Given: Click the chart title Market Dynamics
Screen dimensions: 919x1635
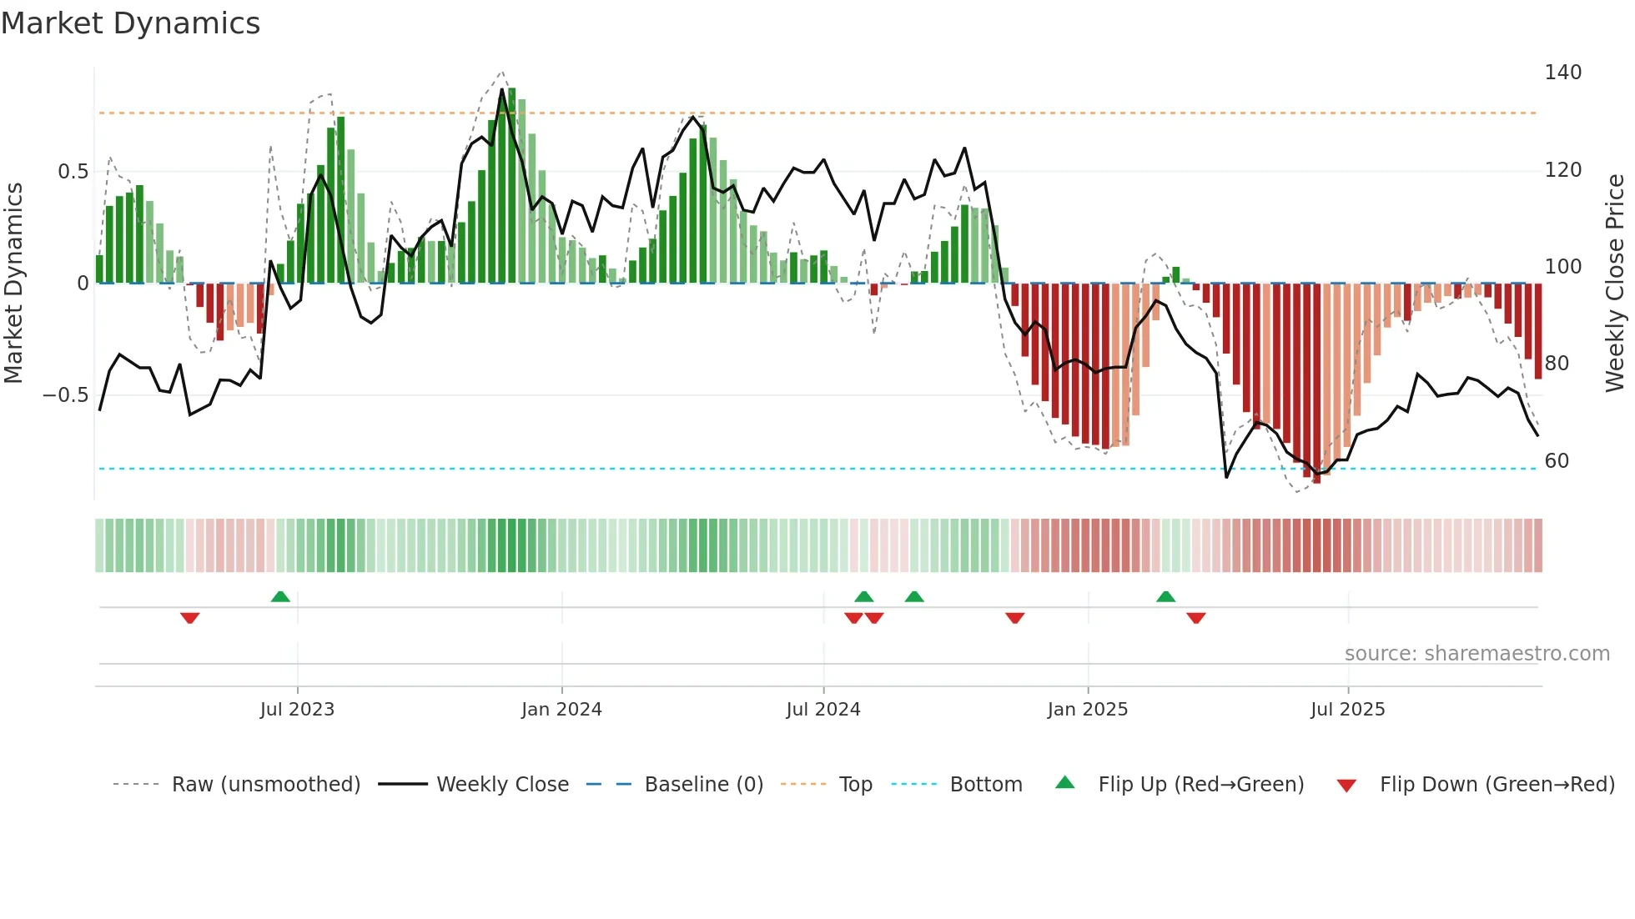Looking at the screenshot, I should pyautogui.click(x=130, y=23).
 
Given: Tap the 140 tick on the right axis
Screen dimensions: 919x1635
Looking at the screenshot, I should pyautogui.click(x=1562, y=73).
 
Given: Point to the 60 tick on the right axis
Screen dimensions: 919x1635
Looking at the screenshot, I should pyautogui.click(x=1556, y=461).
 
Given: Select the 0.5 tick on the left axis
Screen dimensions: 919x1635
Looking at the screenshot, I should pyautogui.click(x=73, y=172).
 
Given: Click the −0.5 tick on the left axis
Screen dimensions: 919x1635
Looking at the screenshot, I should pyautogui.click(x=66, y=395).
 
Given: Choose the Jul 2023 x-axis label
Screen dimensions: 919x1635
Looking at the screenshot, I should pyautogui.click(x=297, y=710).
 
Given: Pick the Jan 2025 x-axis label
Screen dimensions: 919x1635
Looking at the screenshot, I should pyautogui.click(x=1087, y=710).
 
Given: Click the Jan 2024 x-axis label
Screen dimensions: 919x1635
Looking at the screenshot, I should pyautogui.click(x=561, y=710).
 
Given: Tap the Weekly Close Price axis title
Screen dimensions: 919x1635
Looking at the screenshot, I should pyautogui.click(x=1615, y=284).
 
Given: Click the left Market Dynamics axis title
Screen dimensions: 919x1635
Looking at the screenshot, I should pyautogui.click(x=13, y=284).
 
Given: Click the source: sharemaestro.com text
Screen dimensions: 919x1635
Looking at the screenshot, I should pyautogui.click(x=1477, y=654).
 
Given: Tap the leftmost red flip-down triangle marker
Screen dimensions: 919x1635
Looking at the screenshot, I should pyautogui.click(x=189, y=618).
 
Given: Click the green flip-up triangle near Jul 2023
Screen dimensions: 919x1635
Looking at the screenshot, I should pyautogui.click(x=280, y=596).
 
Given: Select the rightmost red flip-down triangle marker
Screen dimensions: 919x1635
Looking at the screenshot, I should pyautogui.click(x=1195, y=618).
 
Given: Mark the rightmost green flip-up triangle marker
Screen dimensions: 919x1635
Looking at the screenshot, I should pyautogui.click(x=1165, y=596).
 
